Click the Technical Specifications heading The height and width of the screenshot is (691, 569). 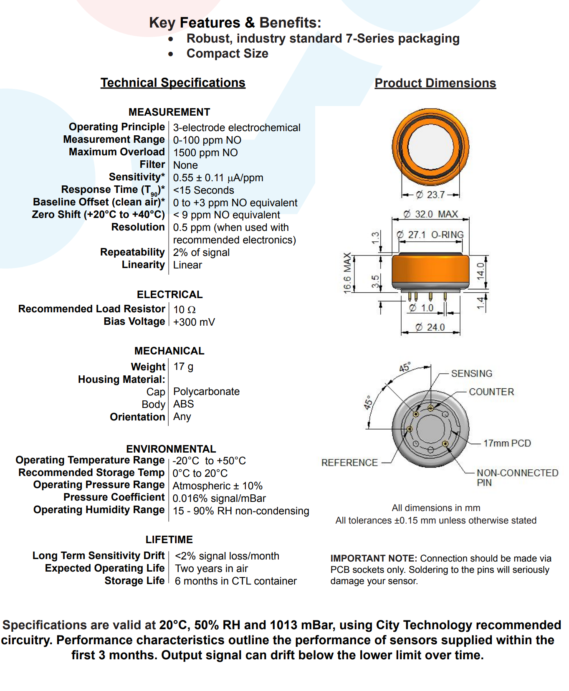click(x=173, y=83)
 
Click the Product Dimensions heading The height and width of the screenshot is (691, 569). click(x=435, y=83)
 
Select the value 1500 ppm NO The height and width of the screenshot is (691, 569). click(x=205, y=153)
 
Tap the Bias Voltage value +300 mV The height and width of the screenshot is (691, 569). click(x=194, y=322)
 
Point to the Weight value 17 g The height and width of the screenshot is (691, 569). click(x=183, y=367)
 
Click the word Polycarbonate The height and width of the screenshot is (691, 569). click(x=206, y=392)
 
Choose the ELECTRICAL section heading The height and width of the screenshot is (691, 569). click(x=169, y=295)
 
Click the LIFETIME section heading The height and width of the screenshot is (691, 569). click(x=169, y=540)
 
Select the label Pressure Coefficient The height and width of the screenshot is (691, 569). click(x=114, y=497)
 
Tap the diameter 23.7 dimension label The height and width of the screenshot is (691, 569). click(x=431, y=195)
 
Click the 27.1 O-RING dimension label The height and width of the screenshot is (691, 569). click(x=430, y=235)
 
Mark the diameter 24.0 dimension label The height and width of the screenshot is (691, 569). click(x=431, y=327)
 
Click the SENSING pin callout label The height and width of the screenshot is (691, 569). click(x=472, y=374)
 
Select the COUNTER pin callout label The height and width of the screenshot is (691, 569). click(x=491, y=392)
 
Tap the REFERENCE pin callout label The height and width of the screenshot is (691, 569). click(x=349, y=463)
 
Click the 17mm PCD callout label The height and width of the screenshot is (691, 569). click(x=507, y=443)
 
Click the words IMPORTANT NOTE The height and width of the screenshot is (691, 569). click(x=373, y=559)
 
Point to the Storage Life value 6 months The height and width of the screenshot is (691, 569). click(x=235, y=581)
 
